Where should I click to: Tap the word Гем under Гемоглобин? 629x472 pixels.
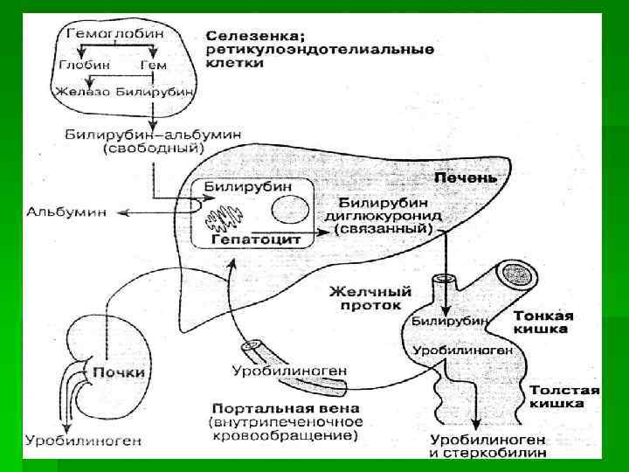point(154,65)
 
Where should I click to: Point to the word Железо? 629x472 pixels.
point(80,90)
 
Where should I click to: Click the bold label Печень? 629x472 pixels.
point(466,177)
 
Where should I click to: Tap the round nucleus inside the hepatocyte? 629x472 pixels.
point(287,211)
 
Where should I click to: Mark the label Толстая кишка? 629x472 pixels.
point(563,398)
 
